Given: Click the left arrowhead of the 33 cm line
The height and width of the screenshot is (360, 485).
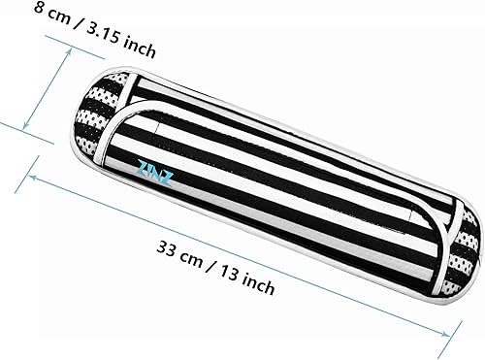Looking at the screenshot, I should (34, 177).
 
